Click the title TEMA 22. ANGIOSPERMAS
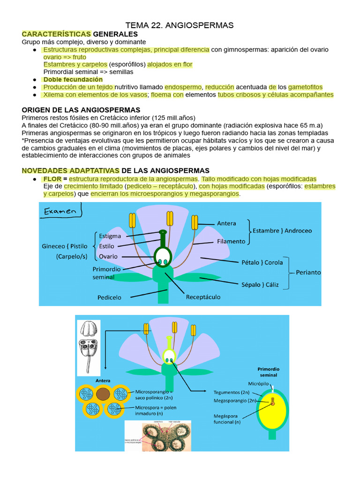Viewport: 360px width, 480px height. (180, 25)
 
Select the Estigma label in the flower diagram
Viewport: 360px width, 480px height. (110, 236)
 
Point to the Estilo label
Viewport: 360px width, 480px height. (107, 246)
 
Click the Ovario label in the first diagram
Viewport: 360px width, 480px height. (108, 256)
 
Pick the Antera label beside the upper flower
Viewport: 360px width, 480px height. (226, 224)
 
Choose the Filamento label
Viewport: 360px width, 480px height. (231, 241)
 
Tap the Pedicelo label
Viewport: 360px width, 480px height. (109, 297)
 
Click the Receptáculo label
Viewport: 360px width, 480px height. (203, 297)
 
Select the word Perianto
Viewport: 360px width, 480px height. (308, 272)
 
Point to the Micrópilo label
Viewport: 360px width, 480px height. (258, 384)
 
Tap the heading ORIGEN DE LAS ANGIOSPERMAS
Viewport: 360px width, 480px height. (81, 110)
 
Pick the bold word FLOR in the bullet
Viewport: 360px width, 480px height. (52, 179)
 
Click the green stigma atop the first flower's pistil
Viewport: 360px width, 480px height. (163, 232)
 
